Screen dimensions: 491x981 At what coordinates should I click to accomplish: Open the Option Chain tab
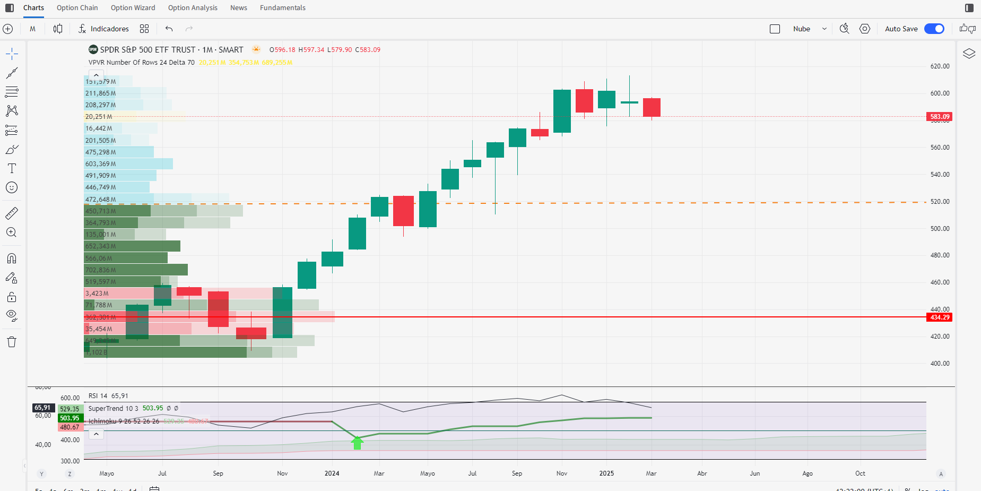pyautogui.click(x=77, y=8)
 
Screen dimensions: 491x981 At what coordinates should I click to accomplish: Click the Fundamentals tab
pyautogui.click(x=282, y=8)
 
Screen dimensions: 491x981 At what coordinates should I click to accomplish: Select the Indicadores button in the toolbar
pyautogui.click(x=104, y=29)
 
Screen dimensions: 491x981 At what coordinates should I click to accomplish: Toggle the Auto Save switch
pyautogui.click(x=934, y=29)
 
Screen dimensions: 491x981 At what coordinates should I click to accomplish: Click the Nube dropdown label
pyautogui.click(x=801, y=29)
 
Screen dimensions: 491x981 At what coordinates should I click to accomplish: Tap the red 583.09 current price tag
pyautogui.click(x=939, y=117)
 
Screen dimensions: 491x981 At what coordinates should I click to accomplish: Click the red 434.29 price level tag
pyautogui.click(x=939, y=317)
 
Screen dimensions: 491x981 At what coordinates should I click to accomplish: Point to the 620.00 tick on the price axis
pyautogui.click(x=940, y=66)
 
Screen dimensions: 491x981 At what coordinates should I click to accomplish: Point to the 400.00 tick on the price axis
pyautogui.click(x=940, y=364)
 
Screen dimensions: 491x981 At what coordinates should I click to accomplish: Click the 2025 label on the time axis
pyautogui.click(x=606, y=473)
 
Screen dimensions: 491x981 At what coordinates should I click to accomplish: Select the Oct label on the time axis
pyautogui.click(x=860, y=473)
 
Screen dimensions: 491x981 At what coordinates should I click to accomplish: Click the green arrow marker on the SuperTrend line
pyautogui.click(x=357, y=442)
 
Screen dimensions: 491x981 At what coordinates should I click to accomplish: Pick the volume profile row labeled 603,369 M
pyautogui.click(x=101, y=164)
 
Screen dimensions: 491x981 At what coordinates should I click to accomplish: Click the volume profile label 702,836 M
pyautogui.click(x=101, y=270)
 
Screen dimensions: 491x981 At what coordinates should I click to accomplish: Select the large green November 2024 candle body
pyautogui.click(x=562, y=111)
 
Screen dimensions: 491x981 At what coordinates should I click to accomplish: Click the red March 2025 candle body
pyautogui.click(x=652, y=107)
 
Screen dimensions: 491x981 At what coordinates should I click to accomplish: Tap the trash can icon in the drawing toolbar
pyautogui.click(x=12, y=342)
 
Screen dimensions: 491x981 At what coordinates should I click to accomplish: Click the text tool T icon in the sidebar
pyautogui.click(x=12, y=168)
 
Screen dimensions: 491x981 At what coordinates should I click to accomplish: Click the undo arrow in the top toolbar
pyautogui.click(x=169, y=29)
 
